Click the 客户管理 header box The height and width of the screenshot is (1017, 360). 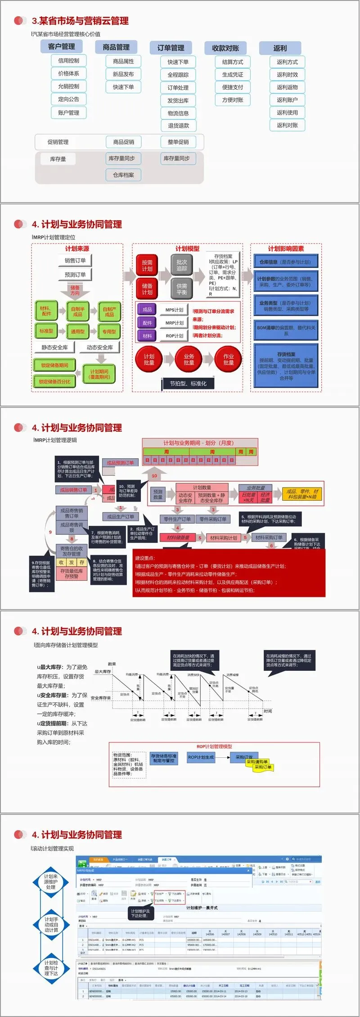(x=62, y=46)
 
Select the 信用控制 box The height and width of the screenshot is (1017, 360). (x=68, y=61)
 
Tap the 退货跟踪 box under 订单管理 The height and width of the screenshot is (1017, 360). (x=178, y=126)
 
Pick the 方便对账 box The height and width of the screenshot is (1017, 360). (x=232, y=100)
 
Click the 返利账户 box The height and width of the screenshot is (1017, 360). (x=287, y=100)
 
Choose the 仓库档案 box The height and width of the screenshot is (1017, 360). (x=123, y=175)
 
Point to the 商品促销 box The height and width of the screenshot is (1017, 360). (x=123, y=142)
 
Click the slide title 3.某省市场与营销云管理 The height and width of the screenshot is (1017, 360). (x=80, y=21)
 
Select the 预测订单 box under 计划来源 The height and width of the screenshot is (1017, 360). (x=75, y=275)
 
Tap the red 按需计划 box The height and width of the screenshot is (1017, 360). (x=147, y=266)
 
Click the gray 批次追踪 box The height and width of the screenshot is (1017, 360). (x=182, y=265)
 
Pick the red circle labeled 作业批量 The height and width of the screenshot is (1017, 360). (x=228, y=359)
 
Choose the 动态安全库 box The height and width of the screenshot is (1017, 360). (x=99, y=348)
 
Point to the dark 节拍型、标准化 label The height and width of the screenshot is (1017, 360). (x=188, y=384)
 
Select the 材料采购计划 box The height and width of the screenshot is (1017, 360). (x=223, y=538)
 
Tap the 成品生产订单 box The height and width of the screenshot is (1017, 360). (x=121, y=516)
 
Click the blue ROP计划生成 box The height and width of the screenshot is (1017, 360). (x=201, y=757)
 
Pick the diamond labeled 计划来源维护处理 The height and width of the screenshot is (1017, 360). (x=51, y=881)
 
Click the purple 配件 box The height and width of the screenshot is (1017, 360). (x=147, y=323)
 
